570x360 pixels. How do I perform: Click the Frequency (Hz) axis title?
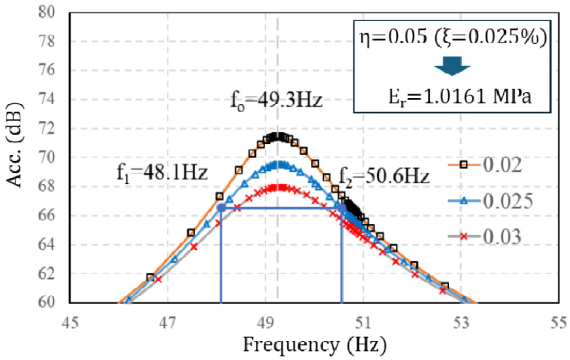point(315,344)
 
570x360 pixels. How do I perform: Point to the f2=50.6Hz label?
point(383,176)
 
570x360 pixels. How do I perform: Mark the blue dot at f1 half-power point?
point(221,207)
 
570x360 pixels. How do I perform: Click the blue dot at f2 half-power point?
point(342,207)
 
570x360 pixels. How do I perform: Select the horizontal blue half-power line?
point(281,208)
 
